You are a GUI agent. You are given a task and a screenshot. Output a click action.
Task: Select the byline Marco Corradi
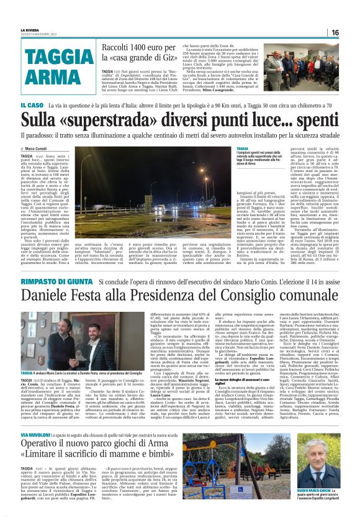click(x=41, y=148)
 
